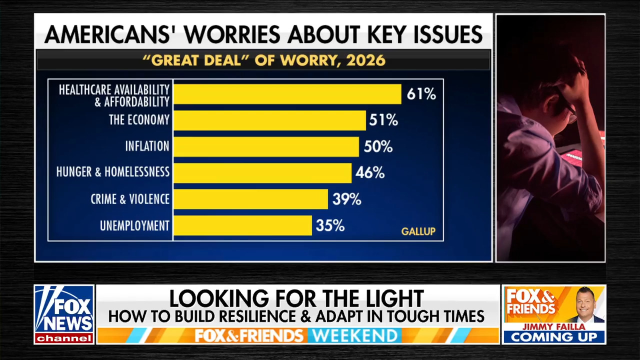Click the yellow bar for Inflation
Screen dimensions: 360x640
click(266, 146)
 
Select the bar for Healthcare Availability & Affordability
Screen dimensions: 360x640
click(287, 94)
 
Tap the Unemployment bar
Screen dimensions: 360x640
click(242, 225)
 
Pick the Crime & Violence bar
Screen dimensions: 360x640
click(250, 199)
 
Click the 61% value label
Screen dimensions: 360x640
click(421, 94)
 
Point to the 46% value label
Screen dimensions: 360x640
click(370, 173)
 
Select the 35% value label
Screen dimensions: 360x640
click(330, 226)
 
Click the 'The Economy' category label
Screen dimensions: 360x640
click(139, 120)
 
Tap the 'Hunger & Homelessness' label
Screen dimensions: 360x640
click(113, 172)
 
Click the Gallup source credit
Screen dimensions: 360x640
click(418, 231)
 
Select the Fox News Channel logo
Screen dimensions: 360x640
click(64, 314)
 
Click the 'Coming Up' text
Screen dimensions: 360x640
click(554, 337)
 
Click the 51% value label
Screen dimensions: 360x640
click(383, 120)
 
